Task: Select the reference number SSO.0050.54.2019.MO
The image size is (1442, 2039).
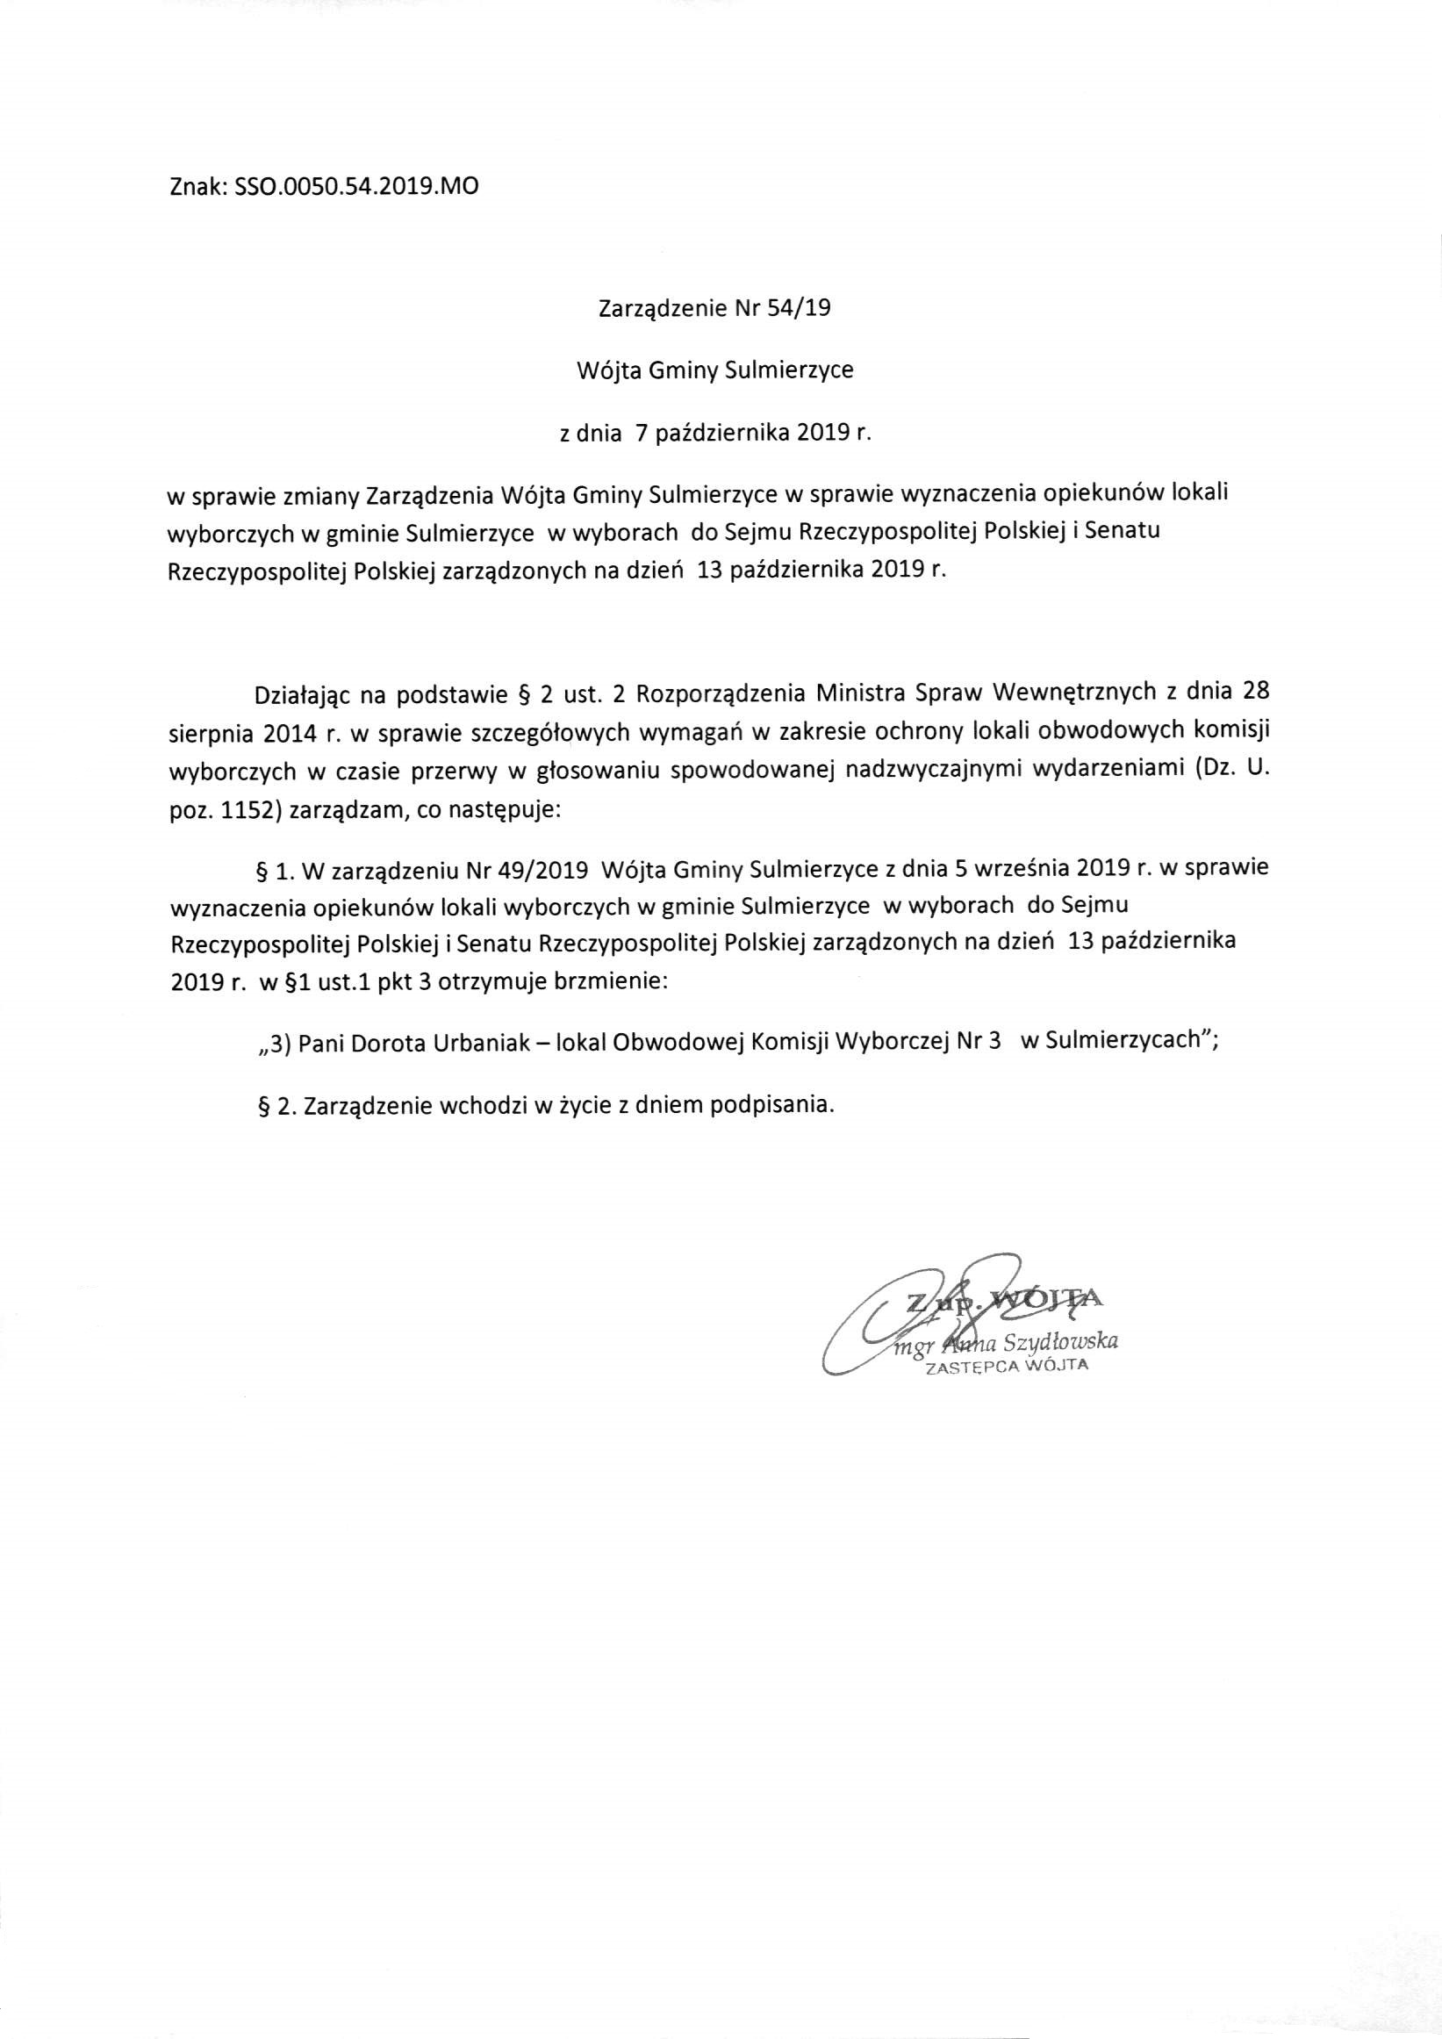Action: [x=355, y=188]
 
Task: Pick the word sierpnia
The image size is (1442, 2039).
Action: [x=202, y=733]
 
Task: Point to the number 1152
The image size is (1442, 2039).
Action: [x=238, y=812]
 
